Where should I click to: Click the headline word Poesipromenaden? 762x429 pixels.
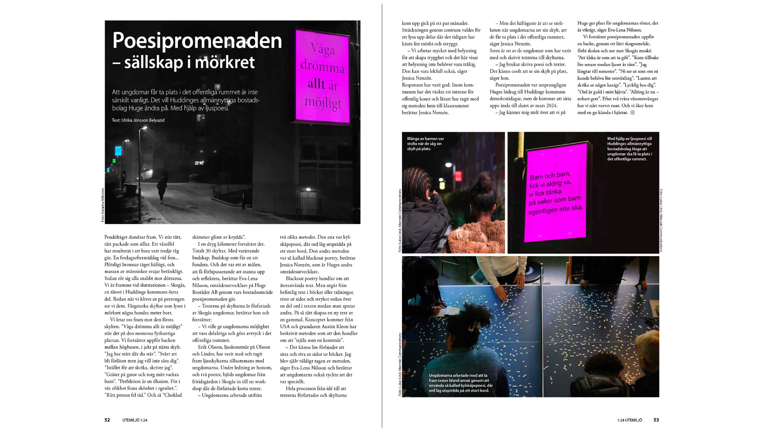[x=197, y=41]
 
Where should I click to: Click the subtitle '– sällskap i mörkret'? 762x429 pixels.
[x=183, y=62]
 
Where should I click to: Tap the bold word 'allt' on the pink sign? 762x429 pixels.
[x=316, y=84]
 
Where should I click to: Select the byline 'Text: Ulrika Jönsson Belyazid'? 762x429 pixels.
[x=138, y=120]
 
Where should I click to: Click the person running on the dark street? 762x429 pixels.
[x=162, y=187]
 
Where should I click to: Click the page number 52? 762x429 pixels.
[x=107, y=420]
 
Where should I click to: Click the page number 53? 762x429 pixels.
[x=656, y=420]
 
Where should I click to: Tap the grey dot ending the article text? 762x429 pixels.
[x=633, y=113]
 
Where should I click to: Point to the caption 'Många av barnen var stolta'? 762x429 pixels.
[x=425, y=143]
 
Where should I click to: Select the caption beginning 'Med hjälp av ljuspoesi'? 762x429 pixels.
[x=629, y=149]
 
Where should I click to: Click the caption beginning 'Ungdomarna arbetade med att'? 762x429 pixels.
[x=460, y=383]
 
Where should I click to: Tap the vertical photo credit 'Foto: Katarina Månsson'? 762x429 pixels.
[x=102, y=205]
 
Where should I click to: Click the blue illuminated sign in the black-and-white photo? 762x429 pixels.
[x=118, y=151]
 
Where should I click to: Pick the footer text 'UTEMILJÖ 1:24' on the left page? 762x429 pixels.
[x=135, y=420]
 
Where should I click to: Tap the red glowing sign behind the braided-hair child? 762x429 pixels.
[x=458, y=176]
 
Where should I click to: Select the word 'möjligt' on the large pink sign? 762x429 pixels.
[x=323, y=102]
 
